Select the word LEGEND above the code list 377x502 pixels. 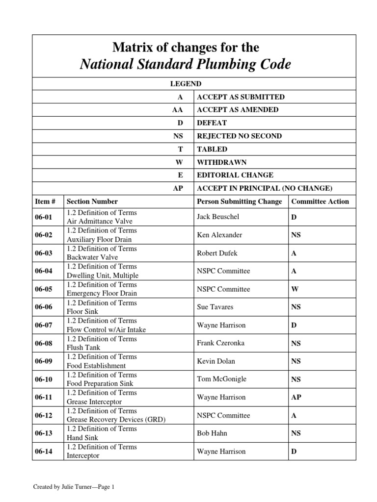pyautogui.click(x=186, y=84)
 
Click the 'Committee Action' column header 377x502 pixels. pyautogui.click(x=320, y=201)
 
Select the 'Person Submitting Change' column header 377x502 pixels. pyautogui.click(x=239, y=201)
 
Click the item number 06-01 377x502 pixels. pyautogui.click(x=43, y=217)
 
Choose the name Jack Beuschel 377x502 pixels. pyautogui.click(x=218, y=217)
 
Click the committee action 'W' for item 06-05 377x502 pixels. pyautogui.click(x=295, y=289)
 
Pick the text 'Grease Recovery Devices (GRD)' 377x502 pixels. pyautogui.click(x=116, y=420)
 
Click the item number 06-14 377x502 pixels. pyautogui.click(x=43, y=452)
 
